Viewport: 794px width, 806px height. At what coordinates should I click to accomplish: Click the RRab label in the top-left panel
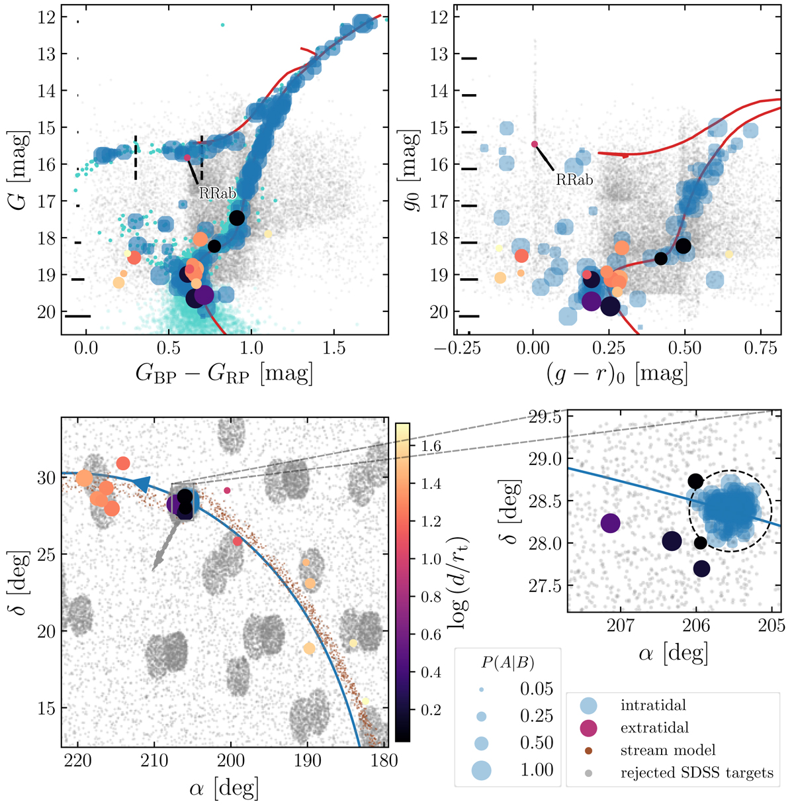click(218, 193)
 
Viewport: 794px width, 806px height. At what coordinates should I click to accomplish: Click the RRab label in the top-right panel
click(574, 179)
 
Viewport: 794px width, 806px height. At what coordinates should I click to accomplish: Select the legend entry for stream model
click(668, 750)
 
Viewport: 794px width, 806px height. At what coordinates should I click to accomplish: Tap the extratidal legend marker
click(588, 728)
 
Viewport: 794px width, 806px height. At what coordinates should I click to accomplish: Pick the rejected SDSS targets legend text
click(697, 772)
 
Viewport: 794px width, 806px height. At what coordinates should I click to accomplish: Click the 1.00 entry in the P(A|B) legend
click(537, 770)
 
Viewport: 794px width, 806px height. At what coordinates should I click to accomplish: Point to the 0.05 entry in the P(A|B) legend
click(537, 689)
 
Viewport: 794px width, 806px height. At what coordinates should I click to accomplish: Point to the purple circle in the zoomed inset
click(610, 523)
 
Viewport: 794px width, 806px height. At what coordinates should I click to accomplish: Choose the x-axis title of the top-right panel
click(617, 374)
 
